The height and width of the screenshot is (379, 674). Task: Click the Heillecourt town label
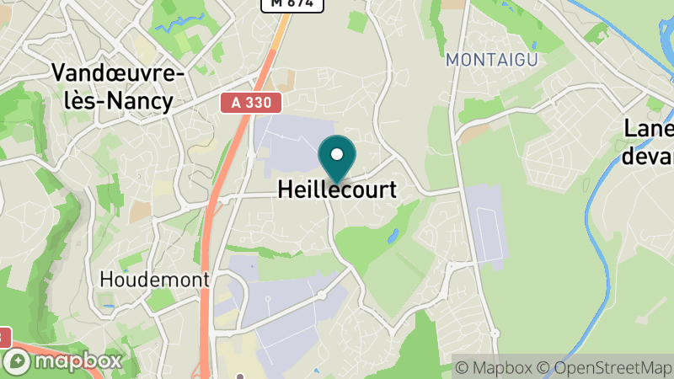coord(337,190)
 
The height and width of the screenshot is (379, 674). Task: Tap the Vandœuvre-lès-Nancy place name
coord(117,88)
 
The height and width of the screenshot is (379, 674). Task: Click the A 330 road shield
coord(251,103)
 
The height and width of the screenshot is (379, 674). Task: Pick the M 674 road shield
coord(292,3)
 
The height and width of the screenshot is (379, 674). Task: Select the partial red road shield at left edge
coord(3,337)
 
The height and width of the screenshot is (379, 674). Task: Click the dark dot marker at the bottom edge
coord(241,376)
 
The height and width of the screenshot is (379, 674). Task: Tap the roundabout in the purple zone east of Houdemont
coord(321,296)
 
